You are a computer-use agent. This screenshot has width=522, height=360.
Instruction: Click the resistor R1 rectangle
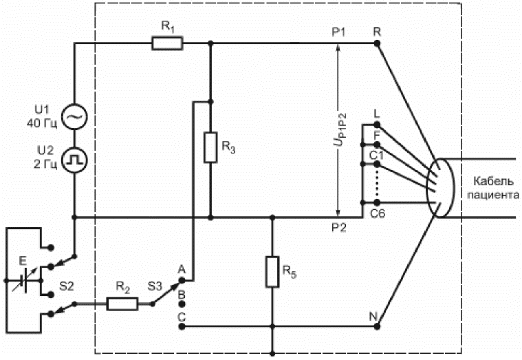coord(167,43)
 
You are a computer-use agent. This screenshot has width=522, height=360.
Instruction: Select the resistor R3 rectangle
coord(210,147)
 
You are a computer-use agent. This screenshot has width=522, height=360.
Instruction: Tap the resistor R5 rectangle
coord(272,272)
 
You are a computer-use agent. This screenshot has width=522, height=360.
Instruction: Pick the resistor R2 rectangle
coord(122,304)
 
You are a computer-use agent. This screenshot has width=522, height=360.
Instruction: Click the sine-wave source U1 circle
coord(74,116)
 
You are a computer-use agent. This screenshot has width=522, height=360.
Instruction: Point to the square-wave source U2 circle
coord(74,160)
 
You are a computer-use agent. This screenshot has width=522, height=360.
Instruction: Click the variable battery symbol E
coord(22,281)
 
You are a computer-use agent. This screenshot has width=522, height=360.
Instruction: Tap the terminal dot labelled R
coord(377,43)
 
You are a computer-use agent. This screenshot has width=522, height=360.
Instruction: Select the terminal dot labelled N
coord(377,327)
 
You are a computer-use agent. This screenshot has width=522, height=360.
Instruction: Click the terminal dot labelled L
coord(377,125)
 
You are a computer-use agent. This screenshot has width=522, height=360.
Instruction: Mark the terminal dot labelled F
coord(377,145)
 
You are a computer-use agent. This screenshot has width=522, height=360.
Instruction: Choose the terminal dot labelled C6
coord(377,202)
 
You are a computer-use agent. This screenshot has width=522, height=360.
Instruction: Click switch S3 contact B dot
coord(182,304)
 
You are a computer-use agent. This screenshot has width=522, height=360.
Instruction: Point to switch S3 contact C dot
coord(182,327)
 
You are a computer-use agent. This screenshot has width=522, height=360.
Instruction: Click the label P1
coord(338,32)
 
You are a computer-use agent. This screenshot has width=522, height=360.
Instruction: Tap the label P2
coord(338,227)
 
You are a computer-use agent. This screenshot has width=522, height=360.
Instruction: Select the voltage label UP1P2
coord(340,129)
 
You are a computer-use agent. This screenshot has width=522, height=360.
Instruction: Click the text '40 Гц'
coord(42,123)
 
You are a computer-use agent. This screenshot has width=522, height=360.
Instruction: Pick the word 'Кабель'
coord(493,181)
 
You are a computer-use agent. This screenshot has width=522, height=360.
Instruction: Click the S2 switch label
coord(67,286)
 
